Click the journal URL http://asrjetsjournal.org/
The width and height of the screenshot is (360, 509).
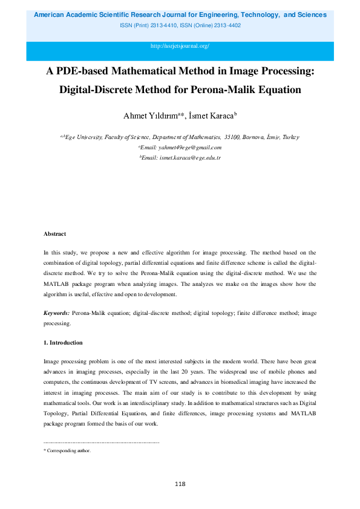coord(180,46)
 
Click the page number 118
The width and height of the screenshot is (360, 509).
coord(180,484)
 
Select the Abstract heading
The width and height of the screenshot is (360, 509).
coord(54,233)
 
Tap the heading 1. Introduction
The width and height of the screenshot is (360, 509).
coord(63,343)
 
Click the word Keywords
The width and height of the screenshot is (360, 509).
coord(56,313)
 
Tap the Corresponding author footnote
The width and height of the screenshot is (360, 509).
coord(68,450)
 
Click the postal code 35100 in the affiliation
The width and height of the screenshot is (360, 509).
coord(232,137)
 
